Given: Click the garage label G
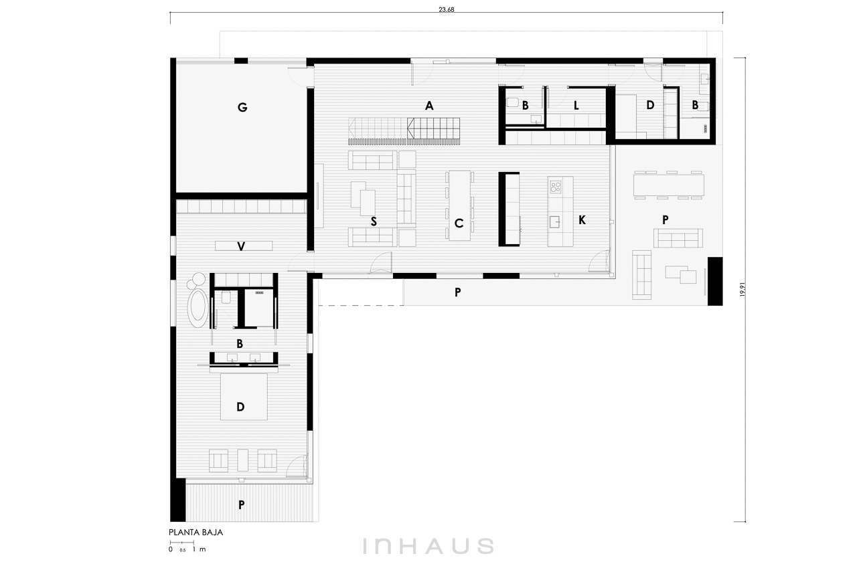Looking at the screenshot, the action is click(x=242, y=108).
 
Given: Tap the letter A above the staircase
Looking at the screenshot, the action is click(x=429, y=106).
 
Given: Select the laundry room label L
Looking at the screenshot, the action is click(x=576, y=106).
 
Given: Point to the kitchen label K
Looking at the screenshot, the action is click(x=582, y=220).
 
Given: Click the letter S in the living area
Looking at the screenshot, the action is click(x=374, y=221).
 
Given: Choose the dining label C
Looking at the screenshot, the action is click(x=459, y=223).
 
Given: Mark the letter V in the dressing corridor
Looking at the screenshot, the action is click(x=241, y=246).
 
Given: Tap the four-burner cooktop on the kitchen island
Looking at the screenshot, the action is click(x=556, y=187).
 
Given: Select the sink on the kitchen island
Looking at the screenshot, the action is click(x=555, y=222).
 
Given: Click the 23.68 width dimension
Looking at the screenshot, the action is click(x=447, y=10).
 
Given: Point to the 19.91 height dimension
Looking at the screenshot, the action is click(x=743, y=290).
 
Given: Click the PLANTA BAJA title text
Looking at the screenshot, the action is click(x=196, y=533).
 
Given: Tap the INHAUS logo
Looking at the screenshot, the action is click(x=428, y=546).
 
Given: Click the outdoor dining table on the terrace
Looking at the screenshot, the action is click(x=669, y=185).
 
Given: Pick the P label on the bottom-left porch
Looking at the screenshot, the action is click(x=242, y=505).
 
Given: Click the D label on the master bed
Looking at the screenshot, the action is click(x=240, y=407).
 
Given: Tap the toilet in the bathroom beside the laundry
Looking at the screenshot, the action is click(x=512, y=102).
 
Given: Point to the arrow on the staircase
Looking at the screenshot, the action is click(x=411, y=128).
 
